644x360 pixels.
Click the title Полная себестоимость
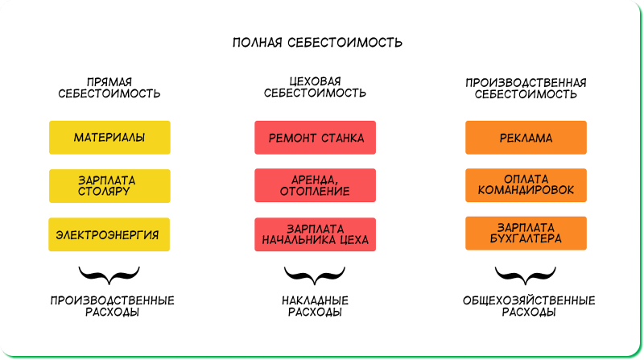tap(317, 43)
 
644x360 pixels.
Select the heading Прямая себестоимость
tap(109, 88)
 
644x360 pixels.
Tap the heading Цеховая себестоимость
tap(315, 87)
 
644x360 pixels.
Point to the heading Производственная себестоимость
tap(526, 89)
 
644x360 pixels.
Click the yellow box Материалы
tap(109, 138)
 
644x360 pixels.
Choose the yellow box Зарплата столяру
tap(109, 186)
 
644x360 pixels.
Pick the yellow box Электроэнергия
tap(109, 234)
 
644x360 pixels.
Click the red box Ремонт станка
tap(315, 138)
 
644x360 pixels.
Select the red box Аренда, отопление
tap(315, 185)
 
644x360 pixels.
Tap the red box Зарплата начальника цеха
tap(315, 234)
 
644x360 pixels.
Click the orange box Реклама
tap(526, 138)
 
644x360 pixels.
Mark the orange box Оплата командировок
tap(526, 185)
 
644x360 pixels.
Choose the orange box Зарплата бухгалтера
tap(526, 234)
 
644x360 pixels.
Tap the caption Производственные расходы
tap(112, 306)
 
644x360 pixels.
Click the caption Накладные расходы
tap(315, 306)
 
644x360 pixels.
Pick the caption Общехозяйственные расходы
tap(529, 306)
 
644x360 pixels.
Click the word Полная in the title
tap(257, 43)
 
